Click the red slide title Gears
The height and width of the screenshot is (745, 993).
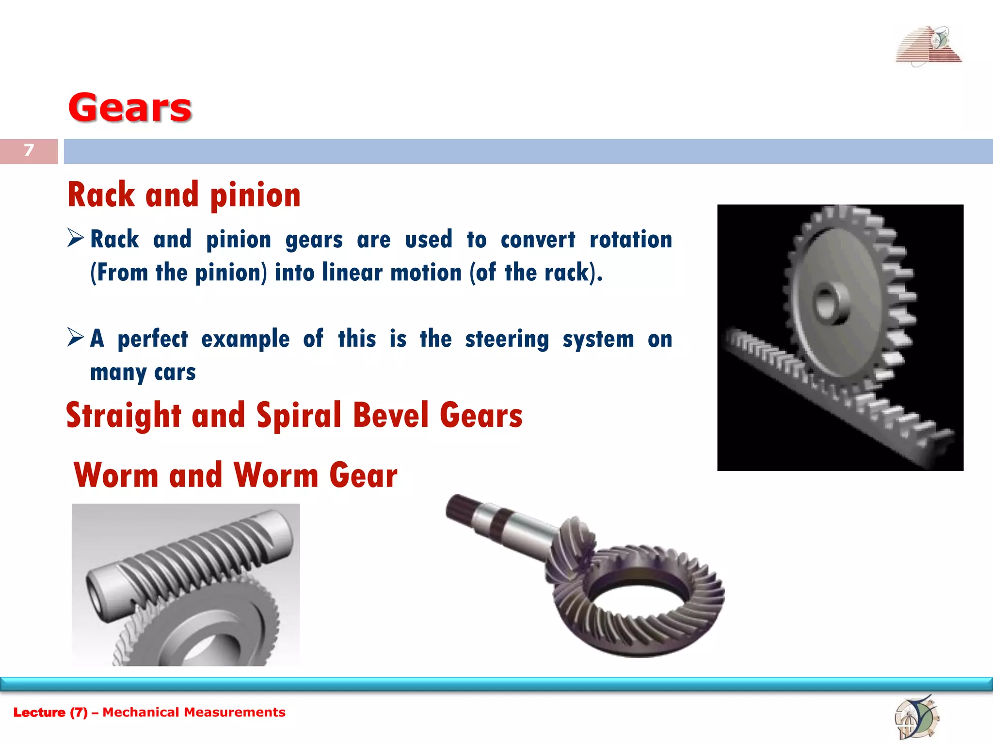pyautogui.click(x=130, y=108)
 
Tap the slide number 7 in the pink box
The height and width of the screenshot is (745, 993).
pyautogui.click(x=29, y=150)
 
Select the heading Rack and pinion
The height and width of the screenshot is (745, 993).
pyautogui.click(x=184, y=195)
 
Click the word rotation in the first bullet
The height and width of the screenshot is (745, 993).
pyautogui.click(x=631, y=240)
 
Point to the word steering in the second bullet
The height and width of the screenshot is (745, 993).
pyautogui.click(x=507, y=339)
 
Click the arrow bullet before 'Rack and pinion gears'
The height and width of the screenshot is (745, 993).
pyautogui.click(x=76, y=238)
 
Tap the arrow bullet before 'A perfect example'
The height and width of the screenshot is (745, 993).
pyautogui.click(x=76, y=337)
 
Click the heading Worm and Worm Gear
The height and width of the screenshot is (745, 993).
pyautogui.click(x=236, y=475)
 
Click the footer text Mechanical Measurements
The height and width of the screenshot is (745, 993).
pyautogui.click(x=194, y=712)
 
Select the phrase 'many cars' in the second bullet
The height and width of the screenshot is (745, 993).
pyautogui.click(x=143, y=372)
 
